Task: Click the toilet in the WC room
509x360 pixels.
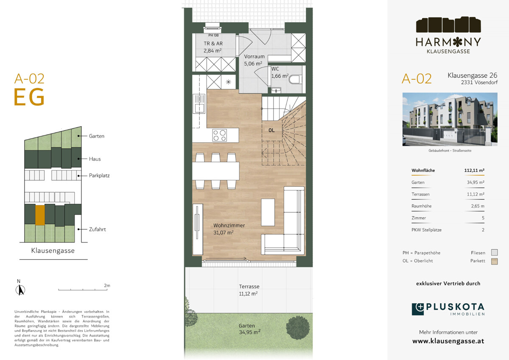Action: click(x=296, y=79)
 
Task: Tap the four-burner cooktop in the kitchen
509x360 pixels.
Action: click(x=220, y=135)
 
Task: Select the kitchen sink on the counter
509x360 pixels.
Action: click(x=199, y=104)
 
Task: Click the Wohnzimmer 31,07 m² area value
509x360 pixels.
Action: click(x=223, y=232)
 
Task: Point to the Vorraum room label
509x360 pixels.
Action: click(x=254, y=56)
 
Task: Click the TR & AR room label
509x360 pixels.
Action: click(x=213, y=43)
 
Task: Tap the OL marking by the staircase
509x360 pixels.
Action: click(x=271, y=130)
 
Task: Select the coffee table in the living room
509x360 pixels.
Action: click(x=268, y=212)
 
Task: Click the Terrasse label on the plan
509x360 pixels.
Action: click(x=249, y=286)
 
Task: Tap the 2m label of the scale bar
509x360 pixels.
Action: click(x=107, y=285)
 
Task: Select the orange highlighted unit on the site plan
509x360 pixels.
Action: click(x=40, y=215)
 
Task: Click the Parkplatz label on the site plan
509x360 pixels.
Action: click(x=99, y=176)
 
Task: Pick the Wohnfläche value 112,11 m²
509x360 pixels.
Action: click(x=474, y=170)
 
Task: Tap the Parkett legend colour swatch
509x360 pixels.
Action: click(x=495, y=262)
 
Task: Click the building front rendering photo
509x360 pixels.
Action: click(x=450, y=119)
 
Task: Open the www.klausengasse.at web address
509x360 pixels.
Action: click(x=448, y=341)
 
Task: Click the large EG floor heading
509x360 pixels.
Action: click(x=29, y=97)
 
